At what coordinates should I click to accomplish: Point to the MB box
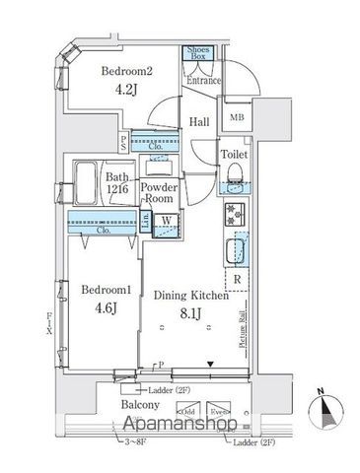pos(237,119)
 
